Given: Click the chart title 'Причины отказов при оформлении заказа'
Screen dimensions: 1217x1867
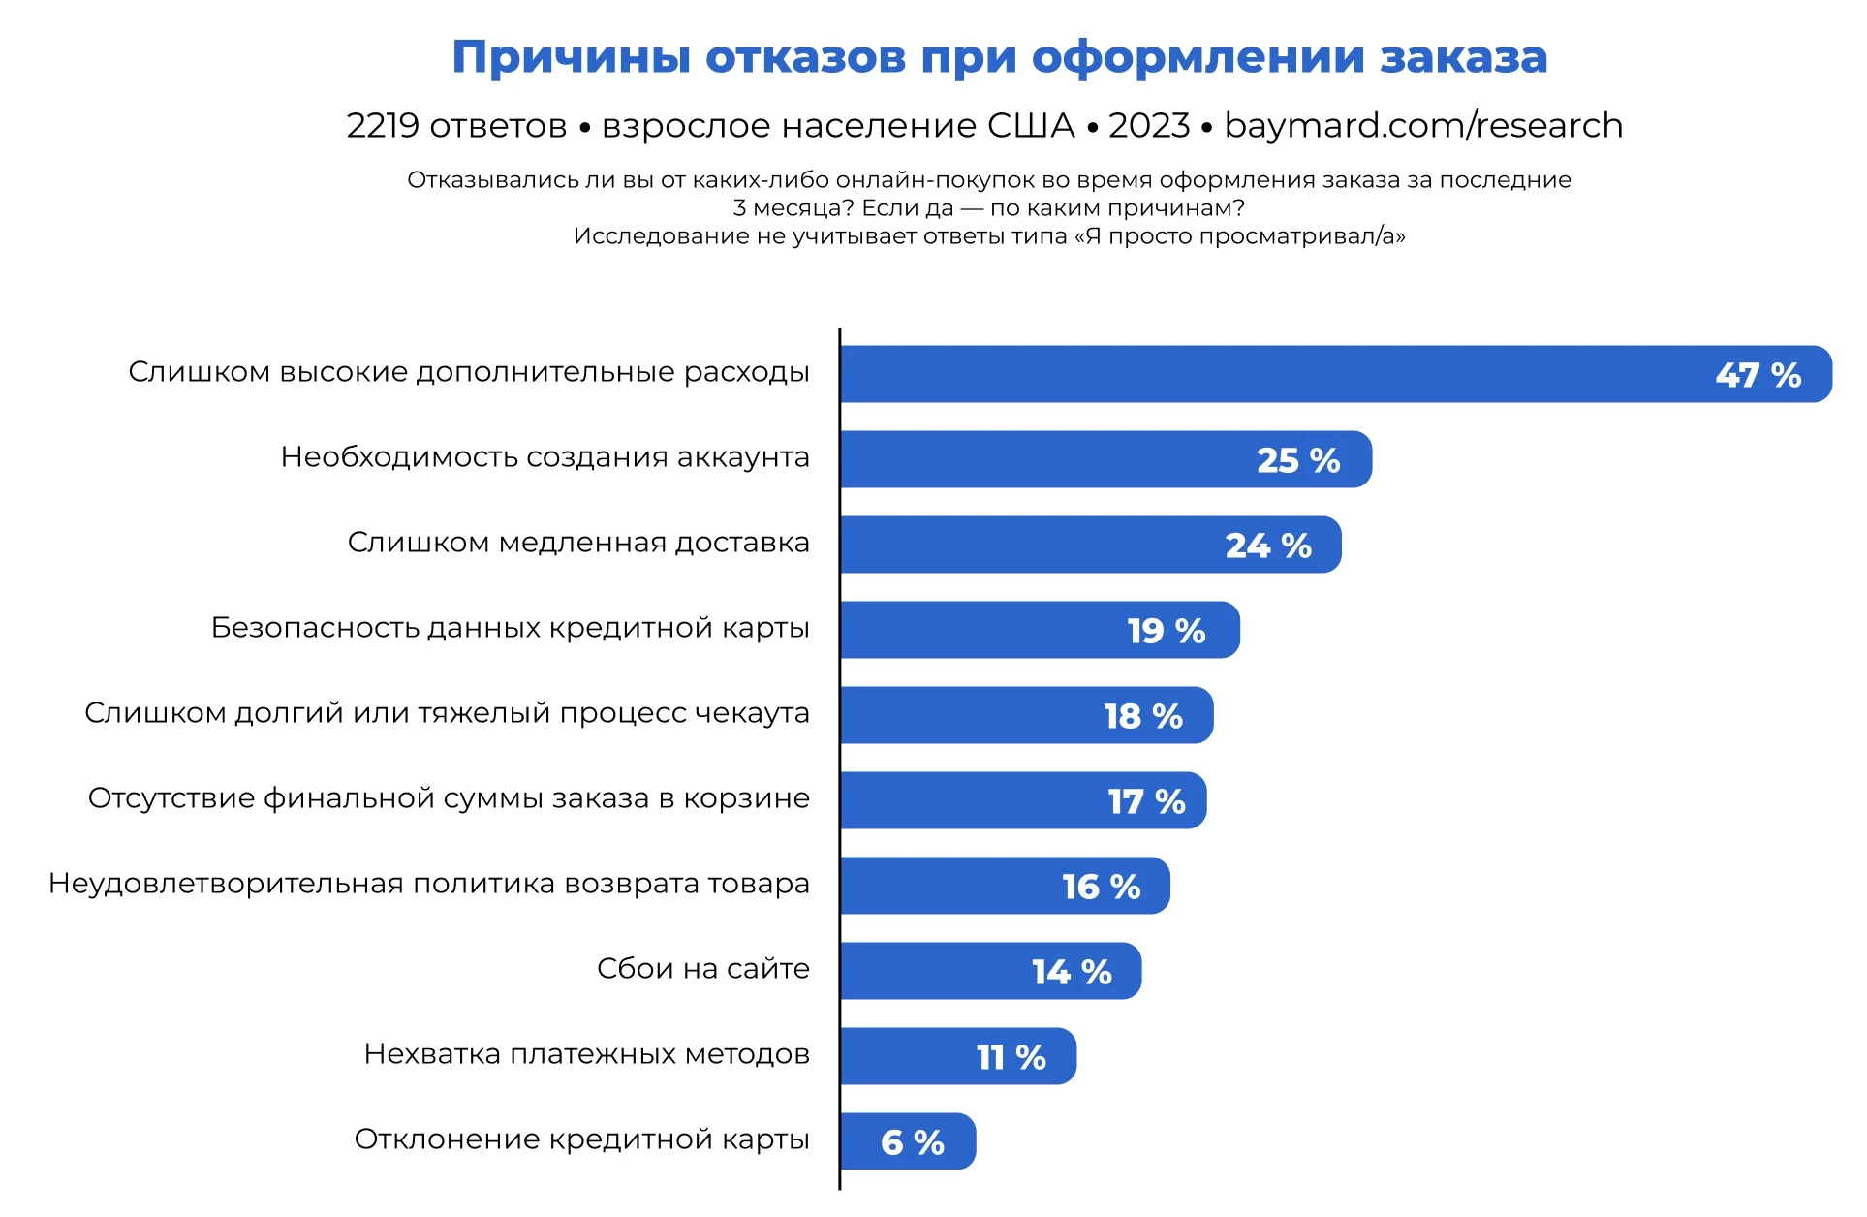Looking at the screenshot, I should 999,57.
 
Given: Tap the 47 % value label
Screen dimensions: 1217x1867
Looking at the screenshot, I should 1758,375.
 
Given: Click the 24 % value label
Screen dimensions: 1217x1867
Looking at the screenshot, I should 1268,546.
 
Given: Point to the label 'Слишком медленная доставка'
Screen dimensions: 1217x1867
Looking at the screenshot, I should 578,543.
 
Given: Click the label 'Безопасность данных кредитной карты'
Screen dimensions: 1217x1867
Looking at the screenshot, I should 510,628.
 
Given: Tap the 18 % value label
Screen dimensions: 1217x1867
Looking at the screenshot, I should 1143,716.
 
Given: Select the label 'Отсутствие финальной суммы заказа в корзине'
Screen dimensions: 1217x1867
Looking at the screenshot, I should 449,798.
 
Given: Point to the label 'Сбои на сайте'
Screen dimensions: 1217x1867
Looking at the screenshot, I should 702,969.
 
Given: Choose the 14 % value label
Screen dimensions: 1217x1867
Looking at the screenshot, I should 1072,972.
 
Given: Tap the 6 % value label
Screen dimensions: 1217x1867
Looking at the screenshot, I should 912,1142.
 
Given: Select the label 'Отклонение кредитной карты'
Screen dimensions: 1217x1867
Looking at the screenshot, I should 581,1139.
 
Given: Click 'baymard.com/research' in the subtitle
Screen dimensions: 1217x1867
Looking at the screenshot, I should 1423,126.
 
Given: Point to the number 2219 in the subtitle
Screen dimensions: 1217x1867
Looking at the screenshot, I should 383,126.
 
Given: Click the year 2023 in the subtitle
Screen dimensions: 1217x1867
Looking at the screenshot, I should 1149,126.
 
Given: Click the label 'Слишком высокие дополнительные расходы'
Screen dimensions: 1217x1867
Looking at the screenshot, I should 469,372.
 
